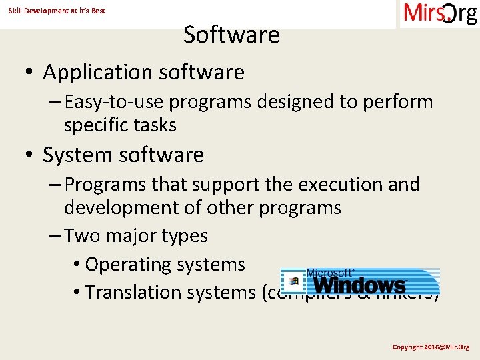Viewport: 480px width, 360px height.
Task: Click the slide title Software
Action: coord(231,35)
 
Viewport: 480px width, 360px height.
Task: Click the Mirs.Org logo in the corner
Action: coord(440,14)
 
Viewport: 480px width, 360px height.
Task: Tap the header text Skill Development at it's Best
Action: coord(57,11)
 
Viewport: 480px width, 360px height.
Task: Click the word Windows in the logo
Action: coord(360,285)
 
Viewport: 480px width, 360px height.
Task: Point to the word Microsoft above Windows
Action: coord(329,273)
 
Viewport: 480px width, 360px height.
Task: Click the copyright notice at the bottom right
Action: coord(430,347)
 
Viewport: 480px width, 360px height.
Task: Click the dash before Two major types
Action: coord(55,236)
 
